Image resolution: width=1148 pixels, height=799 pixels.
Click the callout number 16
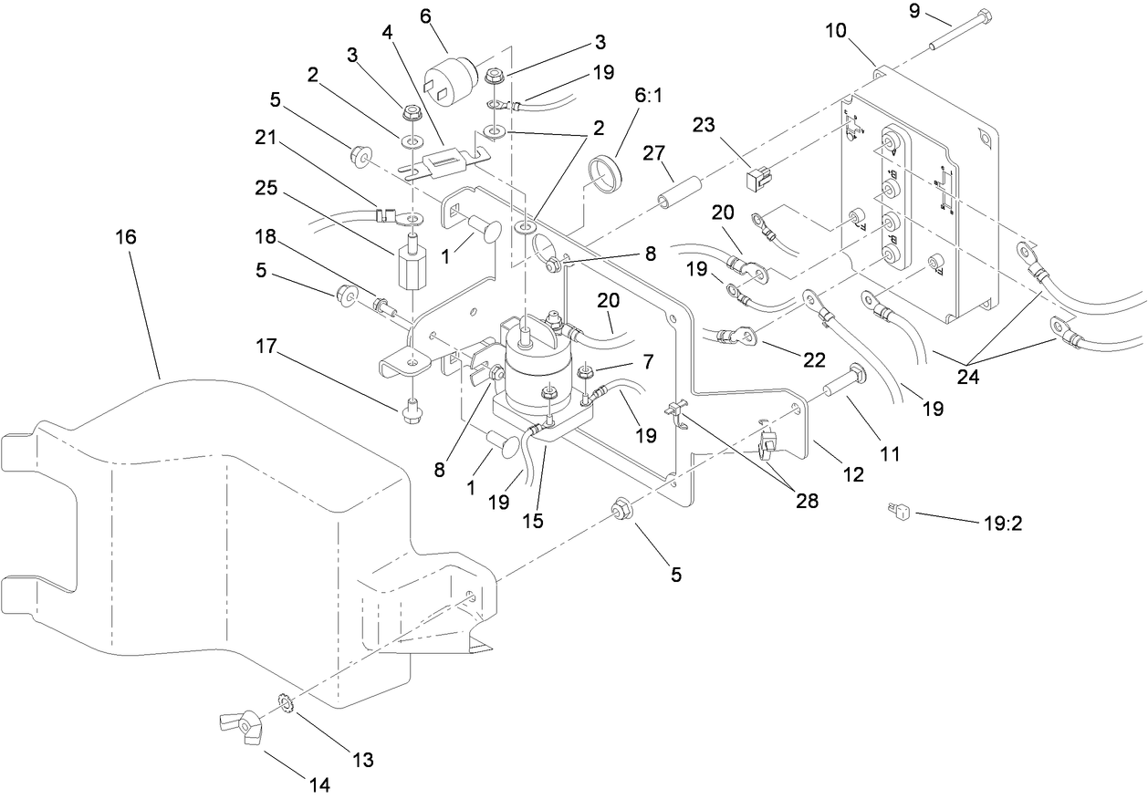(125, 237)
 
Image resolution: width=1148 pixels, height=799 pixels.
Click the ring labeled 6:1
(603, 171)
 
